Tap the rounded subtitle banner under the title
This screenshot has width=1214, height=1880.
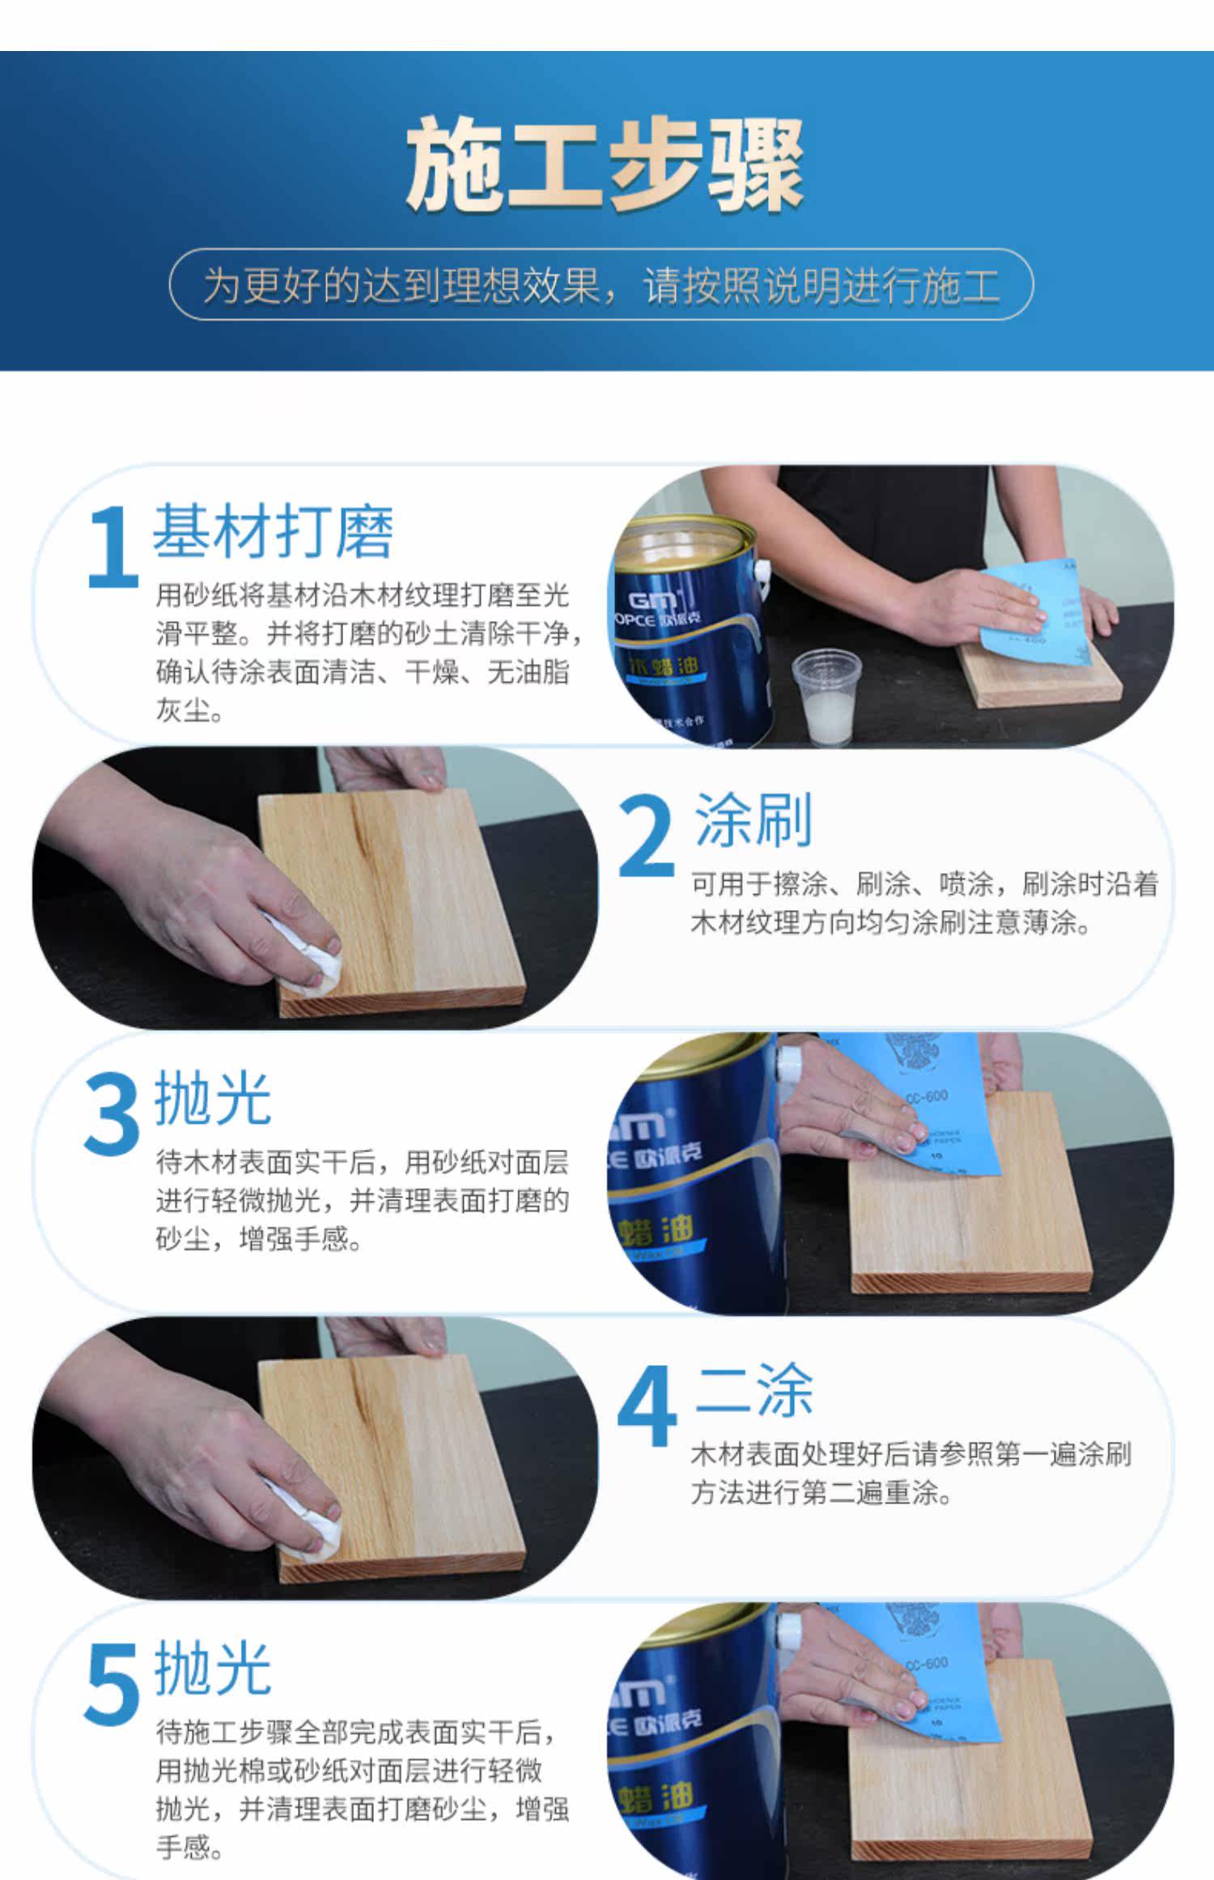click(601, 284)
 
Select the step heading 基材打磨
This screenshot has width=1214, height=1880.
click(273, 531)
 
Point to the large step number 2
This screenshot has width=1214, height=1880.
click(645, 836)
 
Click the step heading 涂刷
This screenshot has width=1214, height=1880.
click(753, 819)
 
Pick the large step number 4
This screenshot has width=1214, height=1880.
click(647, 1406)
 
